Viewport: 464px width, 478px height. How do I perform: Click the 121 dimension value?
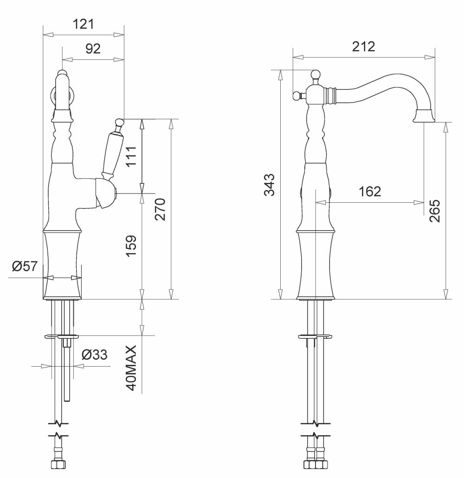pos(84,24)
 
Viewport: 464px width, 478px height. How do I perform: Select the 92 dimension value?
pos(93,48)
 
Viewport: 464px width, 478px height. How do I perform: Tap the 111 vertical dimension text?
pos(132,156)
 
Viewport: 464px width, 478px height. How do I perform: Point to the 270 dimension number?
pos(160,209)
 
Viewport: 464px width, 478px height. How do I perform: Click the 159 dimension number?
pos(131,246)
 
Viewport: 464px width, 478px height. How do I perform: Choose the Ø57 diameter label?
pos(25,266)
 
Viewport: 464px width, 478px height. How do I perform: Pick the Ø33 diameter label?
pos(95,355)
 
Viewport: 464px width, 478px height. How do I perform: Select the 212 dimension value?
pos(363,46)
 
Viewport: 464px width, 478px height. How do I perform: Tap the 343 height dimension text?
pos(270,185)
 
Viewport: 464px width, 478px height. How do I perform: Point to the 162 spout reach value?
pos(370,192)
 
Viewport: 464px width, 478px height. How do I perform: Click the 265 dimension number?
pos(435,211)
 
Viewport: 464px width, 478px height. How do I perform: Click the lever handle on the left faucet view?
pos(113,149)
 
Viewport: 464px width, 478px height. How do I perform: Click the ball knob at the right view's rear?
pos(296,96)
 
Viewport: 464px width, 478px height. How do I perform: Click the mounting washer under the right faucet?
pos(315,336)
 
